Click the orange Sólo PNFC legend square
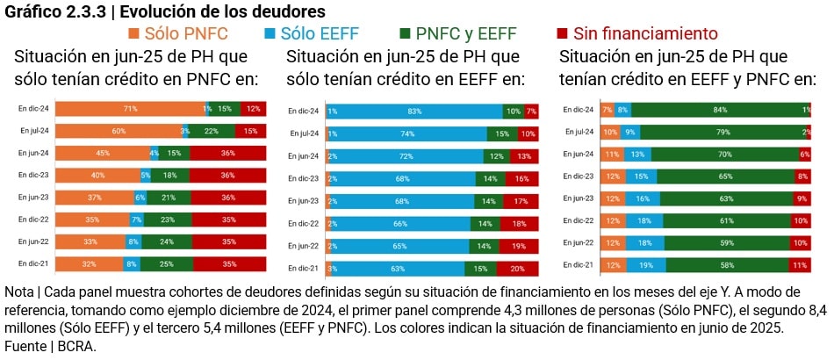(x=134, y=34)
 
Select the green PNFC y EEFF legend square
(x=405, y=34)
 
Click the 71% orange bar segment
(x=130, y=109)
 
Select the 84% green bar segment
(x=719, y=110)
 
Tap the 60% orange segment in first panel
(x=118, y=131)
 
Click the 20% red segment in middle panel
(x=517, y=268)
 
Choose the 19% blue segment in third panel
(x=646, y=264)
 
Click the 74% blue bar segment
(x=407, y=134)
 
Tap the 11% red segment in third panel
(x=798, y=264)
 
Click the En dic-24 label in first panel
(x=34, y=109)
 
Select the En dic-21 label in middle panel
(x=304, y=268)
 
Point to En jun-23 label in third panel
(x=579, y=198)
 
